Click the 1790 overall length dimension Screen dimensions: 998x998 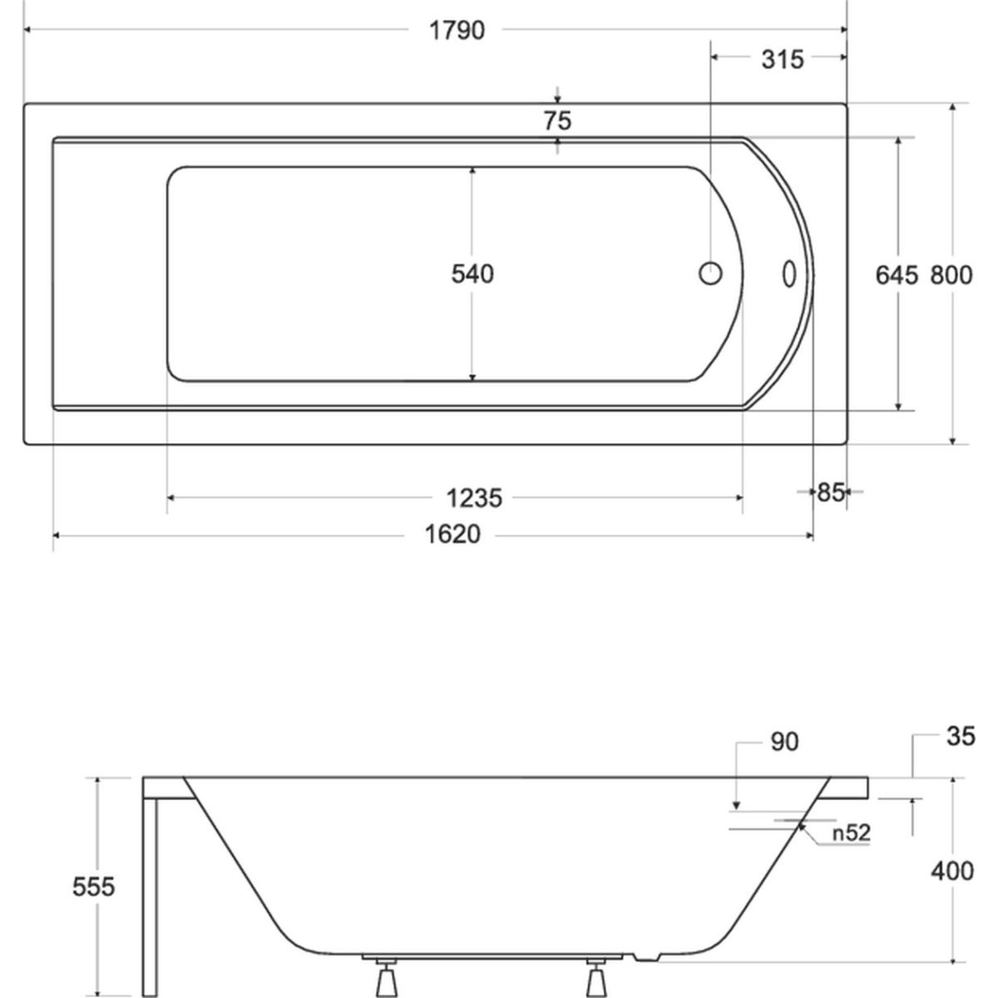[457, 31]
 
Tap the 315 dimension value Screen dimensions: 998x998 [783, 60]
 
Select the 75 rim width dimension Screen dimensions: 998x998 [557, 121]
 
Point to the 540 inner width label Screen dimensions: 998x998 [472, 274]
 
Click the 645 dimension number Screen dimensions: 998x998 [897, 275]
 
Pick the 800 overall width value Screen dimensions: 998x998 [951, 275]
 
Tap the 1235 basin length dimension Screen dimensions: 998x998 [474, 498]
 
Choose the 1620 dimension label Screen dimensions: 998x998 [452, 534]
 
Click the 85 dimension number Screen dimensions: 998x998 [830, 492]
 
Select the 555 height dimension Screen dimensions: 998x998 [93, 887]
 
